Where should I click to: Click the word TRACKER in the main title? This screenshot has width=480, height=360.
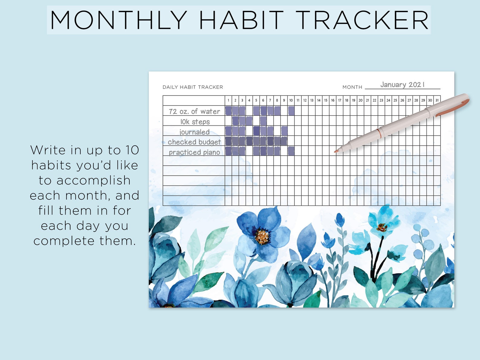(x=362, y=20)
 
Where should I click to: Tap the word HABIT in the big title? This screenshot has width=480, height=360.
(x=241, y=20)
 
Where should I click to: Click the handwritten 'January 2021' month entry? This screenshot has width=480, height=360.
(x=402, y=85)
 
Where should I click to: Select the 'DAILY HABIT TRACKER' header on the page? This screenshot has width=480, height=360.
(x=193, y=87)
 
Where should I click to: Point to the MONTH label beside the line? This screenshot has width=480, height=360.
(x=352, y=87)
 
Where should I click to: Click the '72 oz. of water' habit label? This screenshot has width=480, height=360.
(x=194, y=111)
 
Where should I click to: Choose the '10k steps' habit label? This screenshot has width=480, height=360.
(x=195, y=122)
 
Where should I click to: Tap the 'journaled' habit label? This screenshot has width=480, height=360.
(x=194, y=132)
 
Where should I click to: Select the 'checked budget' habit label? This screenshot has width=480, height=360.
(x=194, y=142)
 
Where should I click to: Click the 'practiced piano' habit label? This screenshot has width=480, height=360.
(x=194, y=152)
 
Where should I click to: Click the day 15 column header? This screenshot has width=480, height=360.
(x=326, y=100)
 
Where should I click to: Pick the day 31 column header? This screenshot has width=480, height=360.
(x=437, y=100)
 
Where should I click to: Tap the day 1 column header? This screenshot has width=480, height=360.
(x=228, y=100)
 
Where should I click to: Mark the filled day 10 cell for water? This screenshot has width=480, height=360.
(x=291, y=111)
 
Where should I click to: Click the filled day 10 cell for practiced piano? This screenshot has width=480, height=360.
(x=291, y=151)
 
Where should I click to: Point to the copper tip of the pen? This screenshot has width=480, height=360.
(x=336, y=151)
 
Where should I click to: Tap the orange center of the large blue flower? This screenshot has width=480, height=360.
(x=262, y=236)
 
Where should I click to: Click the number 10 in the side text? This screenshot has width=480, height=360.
(x=132, y=150)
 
